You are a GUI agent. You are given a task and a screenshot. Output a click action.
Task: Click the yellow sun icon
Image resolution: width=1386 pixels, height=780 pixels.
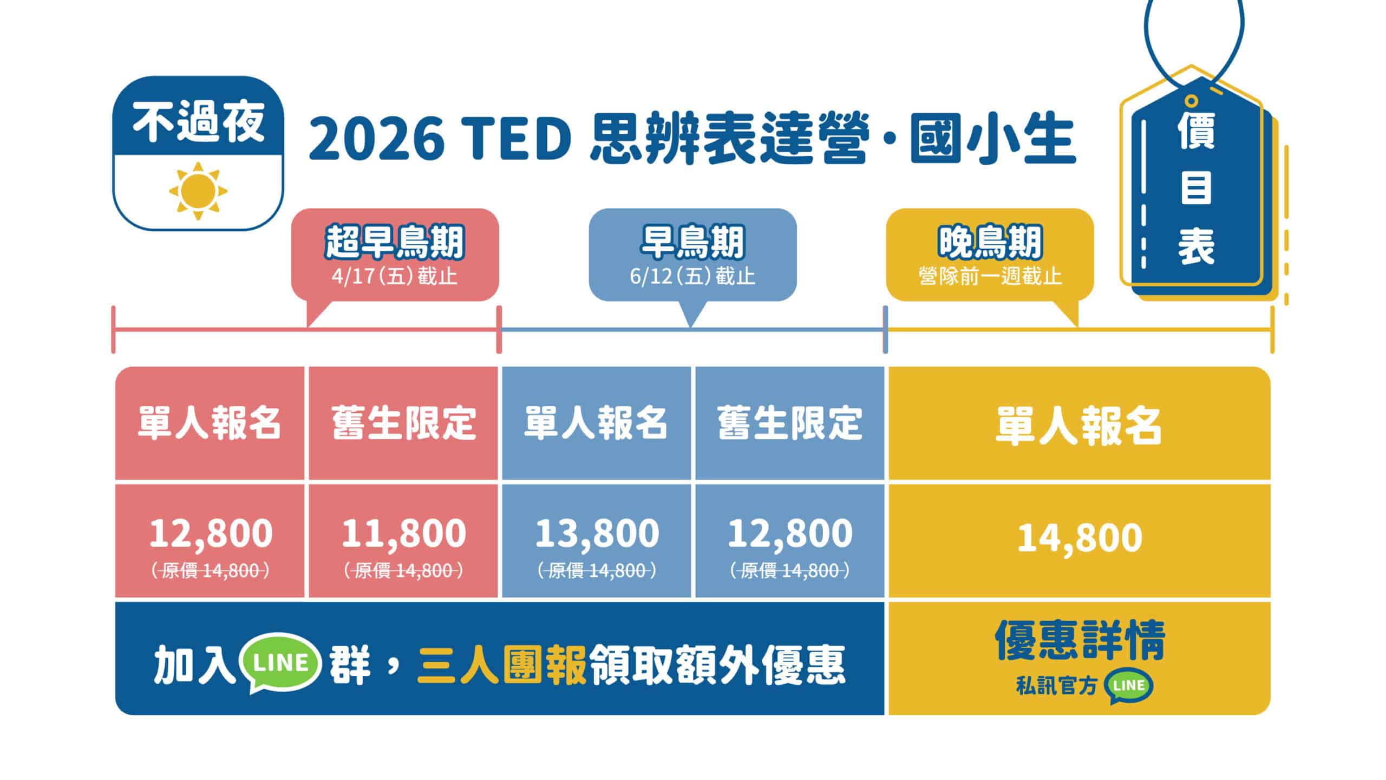[198, 191]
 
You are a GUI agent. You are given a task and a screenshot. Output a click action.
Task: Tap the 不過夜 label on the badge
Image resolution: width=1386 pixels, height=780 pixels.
[198, 123]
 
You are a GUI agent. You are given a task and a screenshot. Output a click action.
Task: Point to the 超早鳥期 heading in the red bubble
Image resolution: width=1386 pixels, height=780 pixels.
[395, 243]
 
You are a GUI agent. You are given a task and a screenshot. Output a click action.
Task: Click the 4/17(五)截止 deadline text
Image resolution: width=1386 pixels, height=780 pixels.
[395, 277]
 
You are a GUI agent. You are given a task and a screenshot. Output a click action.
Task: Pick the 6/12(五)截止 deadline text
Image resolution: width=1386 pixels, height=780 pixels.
[692, 277]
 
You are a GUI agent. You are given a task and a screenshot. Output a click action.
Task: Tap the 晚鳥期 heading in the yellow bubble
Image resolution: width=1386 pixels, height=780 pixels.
[990, 243]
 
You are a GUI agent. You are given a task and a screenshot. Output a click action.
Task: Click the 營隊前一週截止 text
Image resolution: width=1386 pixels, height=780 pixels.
[990, 277]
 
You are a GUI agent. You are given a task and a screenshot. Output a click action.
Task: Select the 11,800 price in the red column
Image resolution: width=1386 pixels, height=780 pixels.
[403, 533]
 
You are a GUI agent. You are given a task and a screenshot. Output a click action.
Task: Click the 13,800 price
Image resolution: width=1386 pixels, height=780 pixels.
[597, 533]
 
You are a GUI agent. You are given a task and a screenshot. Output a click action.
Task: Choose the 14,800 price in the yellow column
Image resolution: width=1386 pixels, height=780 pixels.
[1080, 538]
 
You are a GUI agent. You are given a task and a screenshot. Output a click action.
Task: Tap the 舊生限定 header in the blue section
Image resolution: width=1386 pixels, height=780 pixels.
[789, 423]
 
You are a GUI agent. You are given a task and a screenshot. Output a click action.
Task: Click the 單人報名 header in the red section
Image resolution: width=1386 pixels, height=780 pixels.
[210, 423]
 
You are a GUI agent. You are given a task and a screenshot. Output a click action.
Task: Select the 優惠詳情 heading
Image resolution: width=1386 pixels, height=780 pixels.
[1080, 641]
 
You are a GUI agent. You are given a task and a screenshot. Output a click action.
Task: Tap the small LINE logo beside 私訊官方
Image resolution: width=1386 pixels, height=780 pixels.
[1130, 686]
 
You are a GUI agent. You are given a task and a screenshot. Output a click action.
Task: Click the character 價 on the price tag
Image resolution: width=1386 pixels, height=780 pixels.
[1197, 132]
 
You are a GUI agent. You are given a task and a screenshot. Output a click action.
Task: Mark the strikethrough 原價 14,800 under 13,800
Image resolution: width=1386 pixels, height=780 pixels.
[597, 571]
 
